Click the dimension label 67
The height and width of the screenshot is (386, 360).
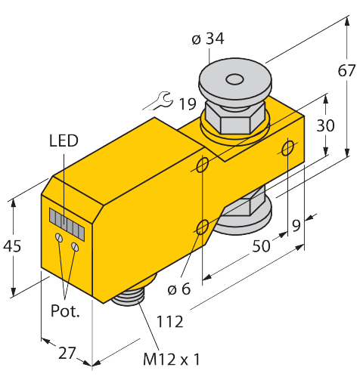click(346, 72)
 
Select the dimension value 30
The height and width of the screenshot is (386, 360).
click(325, 126)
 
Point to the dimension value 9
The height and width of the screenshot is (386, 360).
click(296, 224)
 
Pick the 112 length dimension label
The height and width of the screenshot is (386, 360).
click(170, 321)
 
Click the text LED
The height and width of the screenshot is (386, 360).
click(63, 141)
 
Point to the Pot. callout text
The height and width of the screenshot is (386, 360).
click(65, 310)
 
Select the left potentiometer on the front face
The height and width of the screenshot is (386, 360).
click(59, 239)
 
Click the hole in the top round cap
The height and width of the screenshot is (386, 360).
click(234, 78)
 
